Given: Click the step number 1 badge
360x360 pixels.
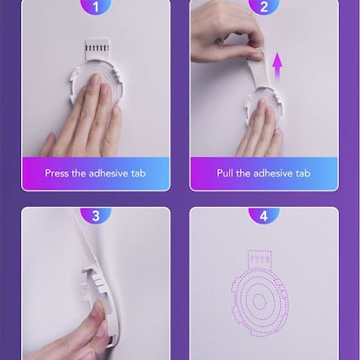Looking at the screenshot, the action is click(96, 6).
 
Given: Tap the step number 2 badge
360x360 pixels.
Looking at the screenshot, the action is click(263, 6).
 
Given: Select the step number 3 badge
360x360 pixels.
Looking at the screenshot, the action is click(96, 216).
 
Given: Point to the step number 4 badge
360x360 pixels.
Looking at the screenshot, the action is click(263, 216).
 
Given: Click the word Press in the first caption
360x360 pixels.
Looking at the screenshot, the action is click(57, 173).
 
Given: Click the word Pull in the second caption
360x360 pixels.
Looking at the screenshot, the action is click(225, 173).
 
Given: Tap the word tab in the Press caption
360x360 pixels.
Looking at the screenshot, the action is click(138, 173).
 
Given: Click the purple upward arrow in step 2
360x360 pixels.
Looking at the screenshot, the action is click(277, 67).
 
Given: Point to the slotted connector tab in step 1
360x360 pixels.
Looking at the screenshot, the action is click(97, 50).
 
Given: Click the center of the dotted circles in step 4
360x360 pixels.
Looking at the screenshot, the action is click(260, 303).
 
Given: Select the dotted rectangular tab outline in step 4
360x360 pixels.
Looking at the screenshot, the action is click(259, 259).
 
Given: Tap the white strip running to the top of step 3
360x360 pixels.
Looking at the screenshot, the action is click(87, 237).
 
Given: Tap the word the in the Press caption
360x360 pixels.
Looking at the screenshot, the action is click(78, 173).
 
